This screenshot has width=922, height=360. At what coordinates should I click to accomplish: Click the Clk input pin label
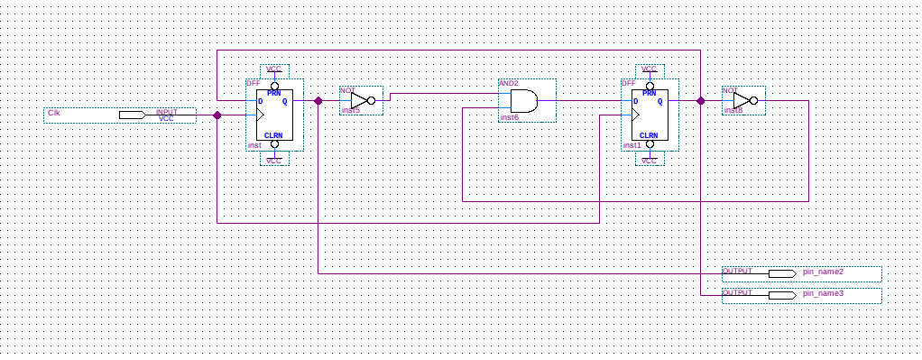click(54, 113)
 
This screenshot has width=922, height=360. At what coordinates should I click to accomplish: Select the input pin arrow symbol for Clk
click(132, 115)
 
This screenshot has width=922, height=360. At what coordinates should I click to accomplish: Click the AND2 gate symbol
click(524, 101)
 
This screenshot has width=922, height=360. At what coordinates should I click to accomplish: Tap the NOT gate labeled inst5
click(359, 101)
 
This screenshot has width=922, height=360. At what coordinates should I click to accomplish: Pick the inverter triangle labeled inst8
click(742, 100)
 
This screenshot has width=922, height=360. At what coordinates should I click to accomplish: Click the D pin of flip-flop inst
click(261, 101)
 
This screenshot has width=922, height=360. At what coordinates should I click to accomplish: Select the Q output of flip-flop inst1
click(659, 101)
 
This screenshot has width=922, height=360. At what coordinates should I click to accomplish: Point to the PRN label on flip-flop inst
click(274, 93)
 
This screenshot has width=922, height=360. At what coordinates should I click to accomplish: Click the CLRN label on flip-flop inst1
click(649, 135)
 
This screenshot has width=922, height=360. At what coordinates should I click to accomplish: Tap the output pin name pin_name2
click(823, 272)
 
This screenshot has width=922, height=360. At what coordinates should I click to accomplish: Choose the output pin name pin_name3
click(823, 293)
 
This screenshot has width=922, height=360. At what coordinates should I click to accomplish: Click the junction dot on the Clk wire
click(217, 115)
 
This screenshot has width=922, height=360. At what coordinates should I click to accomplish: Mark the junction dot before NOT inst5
click(318, 101)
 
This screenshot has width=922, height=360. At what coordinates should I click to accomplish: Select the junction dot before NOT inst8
click(701, 101)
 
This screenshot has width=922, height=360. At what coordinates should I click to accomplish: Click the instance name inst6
click(509, 117)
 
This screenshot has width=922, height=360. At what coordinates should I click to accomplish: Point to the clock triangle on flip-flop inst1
click(636, 115)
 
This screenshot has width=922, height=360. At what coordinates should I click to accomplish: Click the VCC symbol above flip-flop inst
click(274, 69)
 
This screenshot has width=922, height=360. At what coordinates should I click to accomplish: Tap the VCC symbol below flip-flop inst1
click(650, 160)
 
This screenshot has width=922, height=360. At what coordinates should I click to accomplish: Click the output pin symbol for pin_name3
click(781, 294)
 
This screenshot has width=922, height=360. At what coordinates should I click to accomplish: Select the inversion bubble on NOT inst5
click(371, 101)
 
